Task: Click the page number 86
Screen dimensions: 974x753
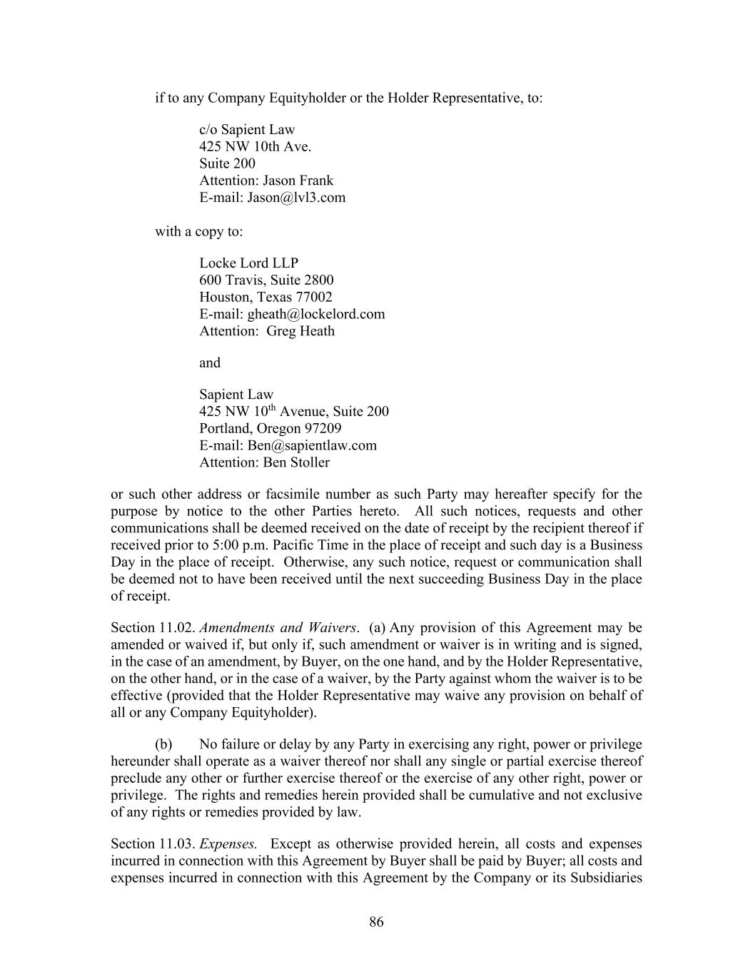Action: [376, 922]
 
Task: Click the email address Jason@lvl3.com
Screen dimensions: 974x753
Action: [296, 198]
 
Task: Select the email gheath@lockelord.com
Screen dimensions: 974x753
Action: [315, 314]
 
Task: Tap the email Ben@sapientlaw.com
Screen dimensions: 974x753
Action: [312, 445]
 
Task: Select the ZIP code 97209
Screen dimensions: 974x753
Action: [323, 428]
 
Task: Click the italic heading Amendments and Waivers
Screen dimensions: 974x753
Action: [278, 628]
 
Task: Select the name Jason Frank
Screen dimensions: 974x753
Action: [298, 181]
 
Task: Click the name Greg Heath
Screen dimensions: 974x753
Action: [300, 331]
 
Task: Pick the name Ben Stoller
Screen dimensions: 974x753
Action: [296, 462]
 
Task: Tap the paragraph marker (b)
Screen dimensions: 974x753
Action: [163, 744]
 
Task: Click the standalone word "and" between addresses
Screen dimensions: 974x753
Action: [210, 362]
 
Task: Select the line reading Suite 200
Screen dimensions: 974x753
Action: [227, 163]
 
